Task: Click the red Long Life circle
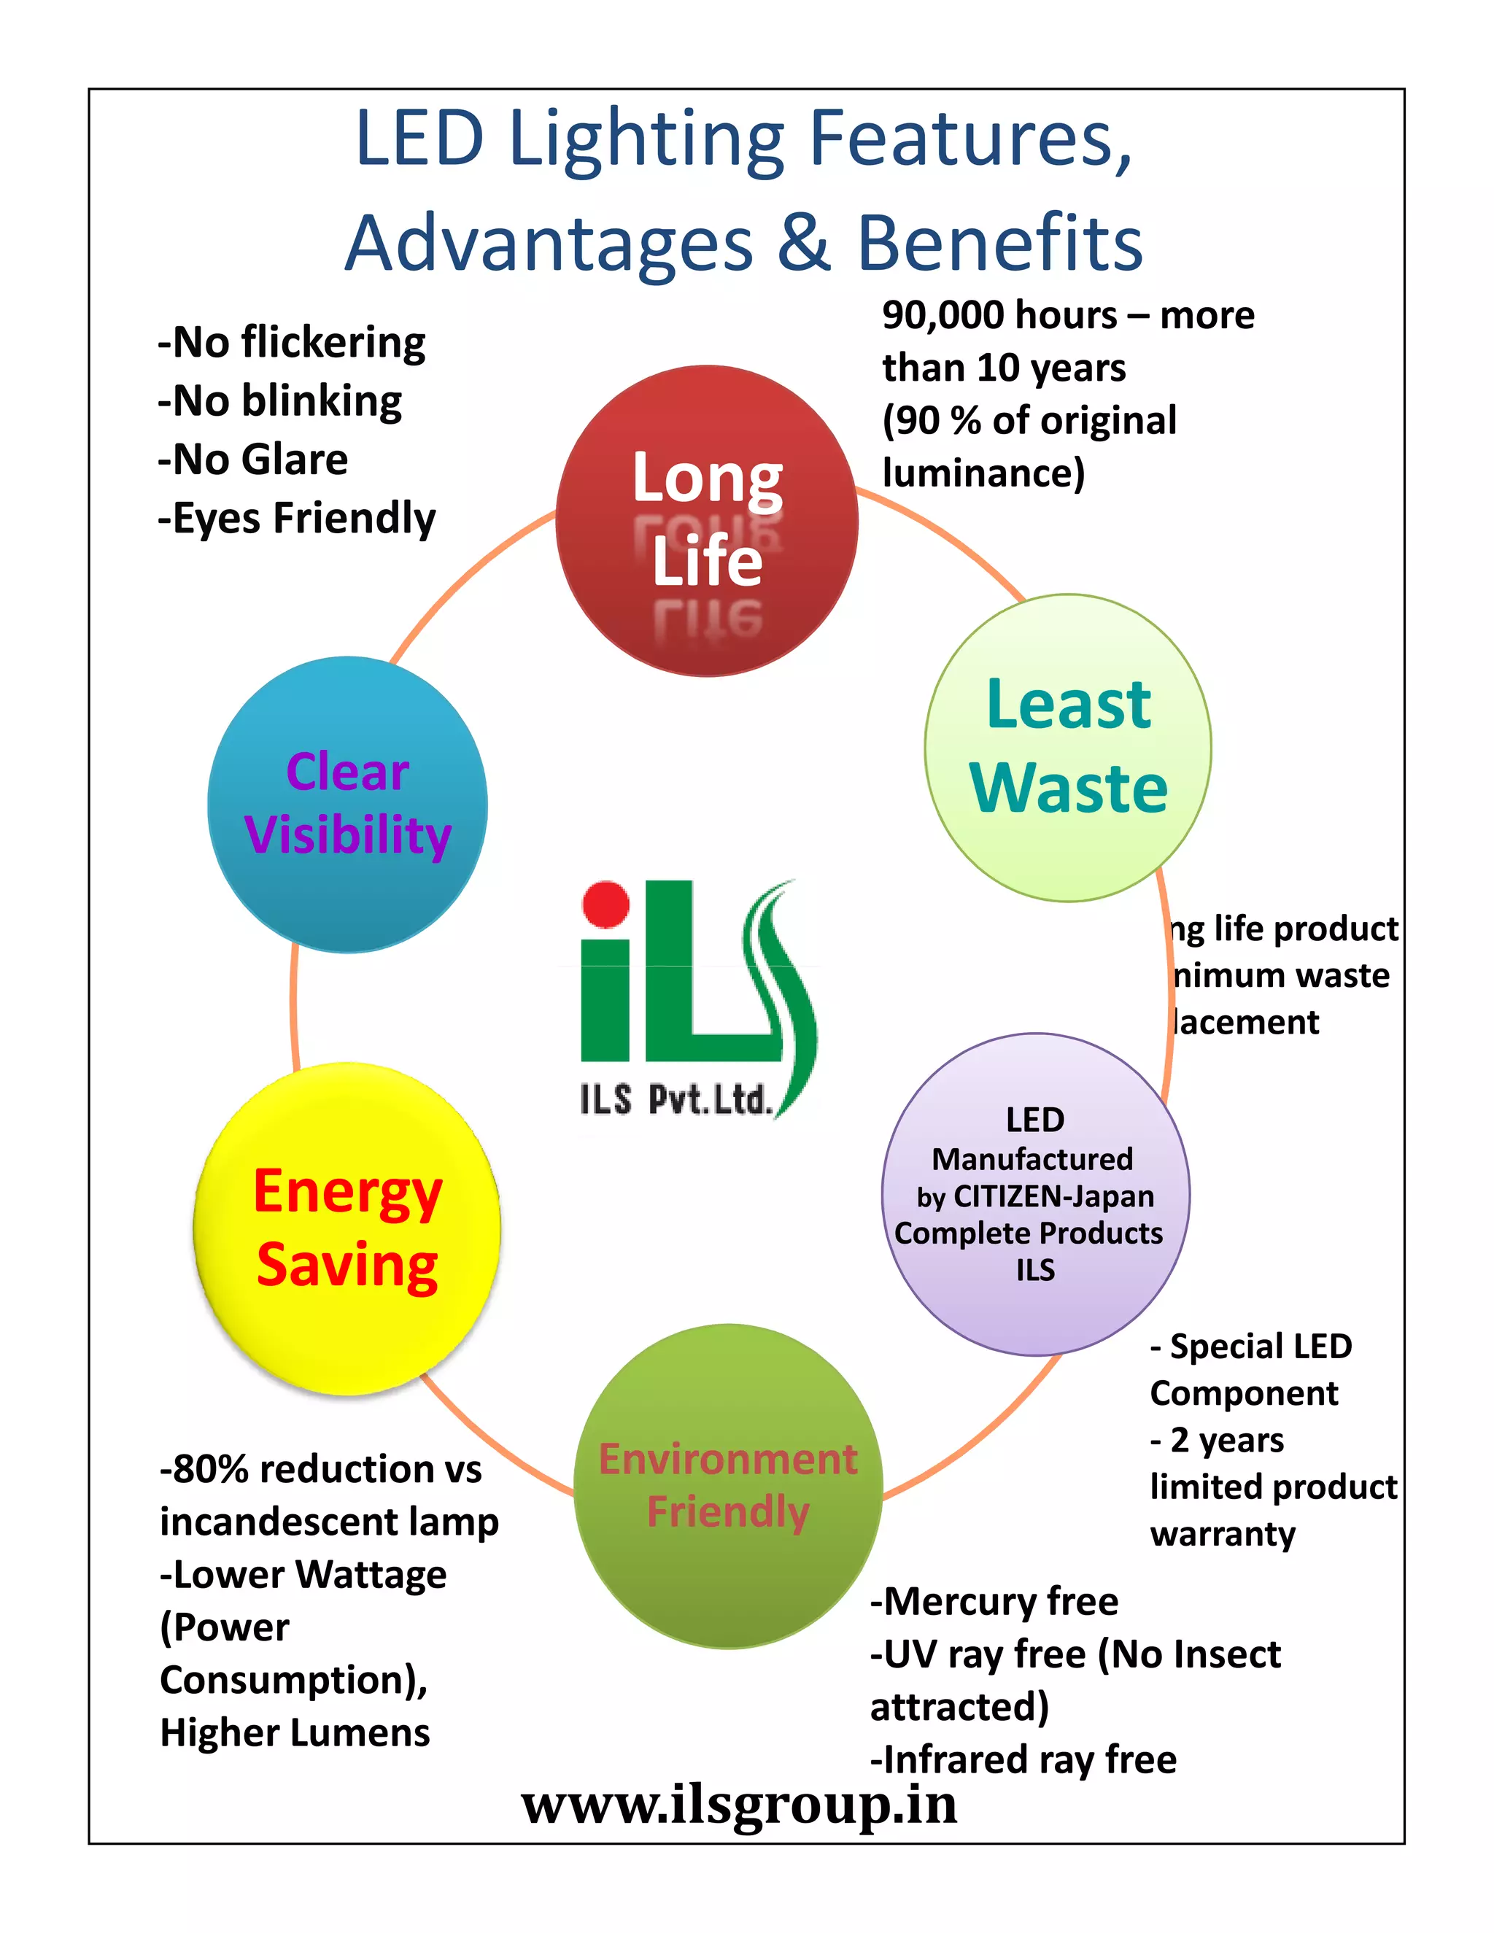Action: pos(706,520)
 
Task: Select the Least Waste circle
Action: pos(1067,748)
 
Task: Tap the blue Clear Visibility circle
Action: pos(347,804)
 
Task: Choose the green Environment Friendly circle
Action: pos(727,1487)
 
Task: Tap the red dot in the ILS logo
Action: pos(605,904)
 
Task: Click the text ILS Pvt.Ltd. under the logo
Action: pos(676,1100)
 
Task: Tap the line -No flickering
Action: pos(291,343)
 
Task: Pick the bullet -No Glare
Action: pos(253,460)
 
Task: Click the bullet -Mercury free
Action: pos(994,1601)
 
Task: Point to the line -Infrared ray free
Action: pos(1023,1759)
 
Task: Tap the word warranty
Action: pos(1223,1534)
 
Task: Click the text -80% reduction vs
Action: pos(320,1468)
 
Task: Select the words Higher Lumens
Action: pos(295,1732)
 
